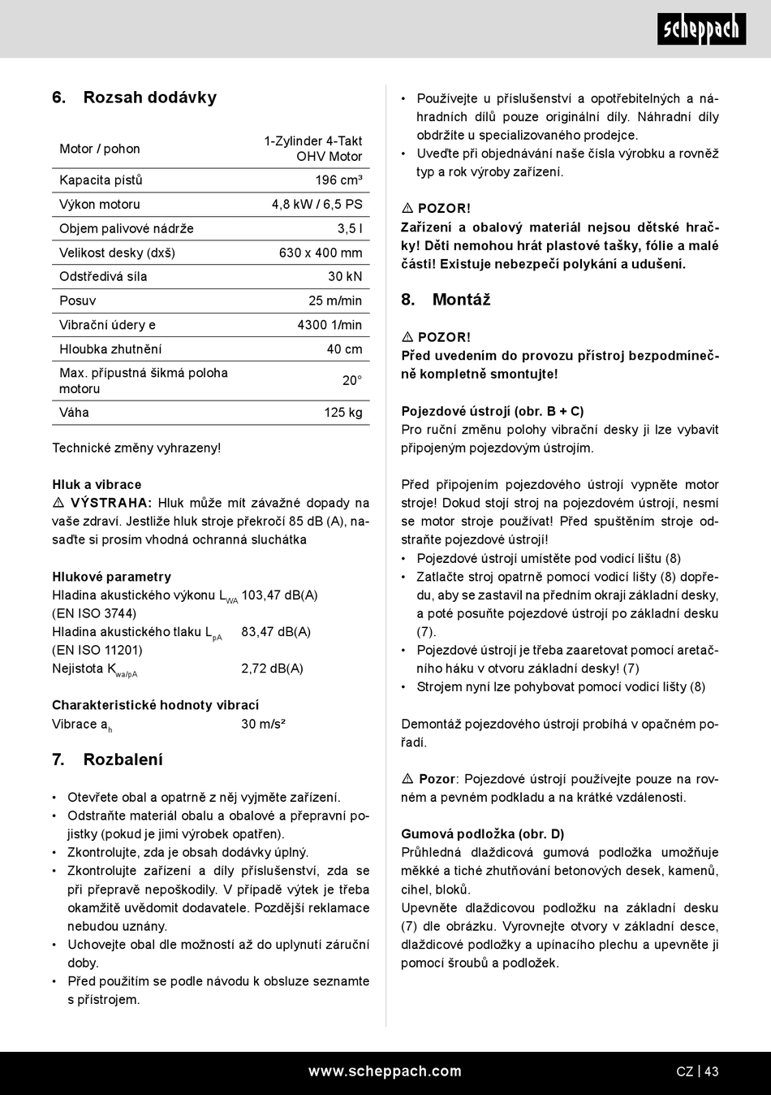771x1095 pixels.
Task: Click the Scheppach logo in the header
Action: pos(701,29)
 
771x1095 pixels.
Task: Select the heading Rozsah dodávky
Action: pos(149,97)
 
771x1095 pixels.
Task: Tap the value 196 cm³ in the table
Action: pos(338,180)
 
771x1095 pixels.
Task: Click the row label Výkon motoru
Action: pos(100,205)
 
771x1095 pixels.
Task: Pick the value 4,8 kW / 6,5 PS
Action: pos(317,205)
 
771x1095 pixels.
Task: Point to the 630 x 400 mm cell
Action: pos(321,253)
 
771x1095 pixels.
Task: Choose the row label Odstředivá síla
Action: pos(103,277)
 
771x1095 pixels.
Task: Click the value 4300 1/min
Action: pos(330,325)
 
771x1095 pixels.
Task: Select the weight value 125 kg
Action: pos(343,413)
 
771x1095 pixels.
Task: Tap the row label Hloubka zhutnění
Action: pos(110,349)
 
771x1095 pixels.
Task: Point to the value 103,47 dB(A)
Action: pos(279,595)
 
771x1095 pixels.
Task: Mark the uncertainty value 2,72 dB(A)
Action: pos(272,669)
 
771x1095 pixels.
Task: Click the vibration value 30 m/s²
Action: pos(263,724)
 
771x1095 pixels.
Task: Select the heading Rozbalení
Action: pos(123,760)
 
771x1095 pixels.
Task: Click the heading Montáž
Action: pos(461,300)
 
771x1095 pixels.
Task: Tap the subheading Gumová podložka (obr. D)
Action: pos(483,834)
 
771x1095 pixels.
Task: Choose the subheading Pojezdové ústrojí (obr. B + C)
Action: pos(492,412)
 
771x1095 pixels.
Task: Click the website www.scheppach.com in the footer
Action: pos(385,1071)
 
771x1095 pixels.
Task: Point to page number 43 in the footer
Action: pos(711,1071)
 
